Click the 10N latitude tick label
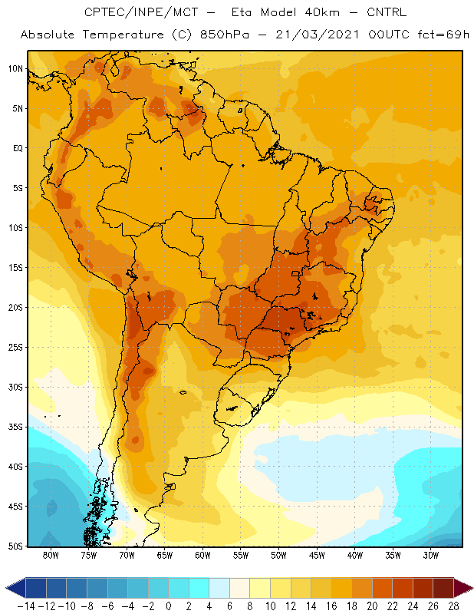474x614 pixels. coord(15,69)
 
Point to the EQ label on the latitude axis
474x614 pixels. coord(18,148)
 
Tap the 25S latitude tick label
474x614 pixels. coord(15,348)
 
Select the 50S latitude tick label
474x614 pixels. coord(15,546)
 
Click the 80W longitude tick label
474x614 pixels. coord(51,555)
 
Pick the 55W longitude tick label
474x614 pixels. coord(241,555)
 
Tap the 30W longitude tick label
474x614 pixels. coord(431,555)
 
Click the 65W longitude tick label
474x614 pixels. coord(165,555)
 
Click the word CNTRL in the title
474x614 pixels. coord(387,12)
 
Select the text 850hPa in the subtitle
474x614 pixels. coord(224,35)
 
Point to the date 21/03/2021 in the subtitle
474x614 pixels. coord(317,35)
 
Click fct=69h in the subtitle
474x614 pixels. coord(443,35)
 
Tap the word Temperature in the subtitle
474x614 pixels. coord(123,35)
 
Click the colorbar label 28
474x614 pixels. coord(453,606)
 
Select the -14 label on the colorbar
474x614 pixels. coord(26,606)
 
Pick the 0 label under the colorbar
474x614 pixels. coord(169,606)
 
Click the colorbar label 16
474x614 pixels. coord(331,606)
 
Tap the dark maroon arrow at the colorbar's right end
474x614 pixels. coord(462,588)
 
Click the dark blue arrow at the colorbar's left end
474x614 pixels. coord(15,588)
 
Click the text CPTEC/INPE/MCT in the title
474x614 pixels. coord(141,12)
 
